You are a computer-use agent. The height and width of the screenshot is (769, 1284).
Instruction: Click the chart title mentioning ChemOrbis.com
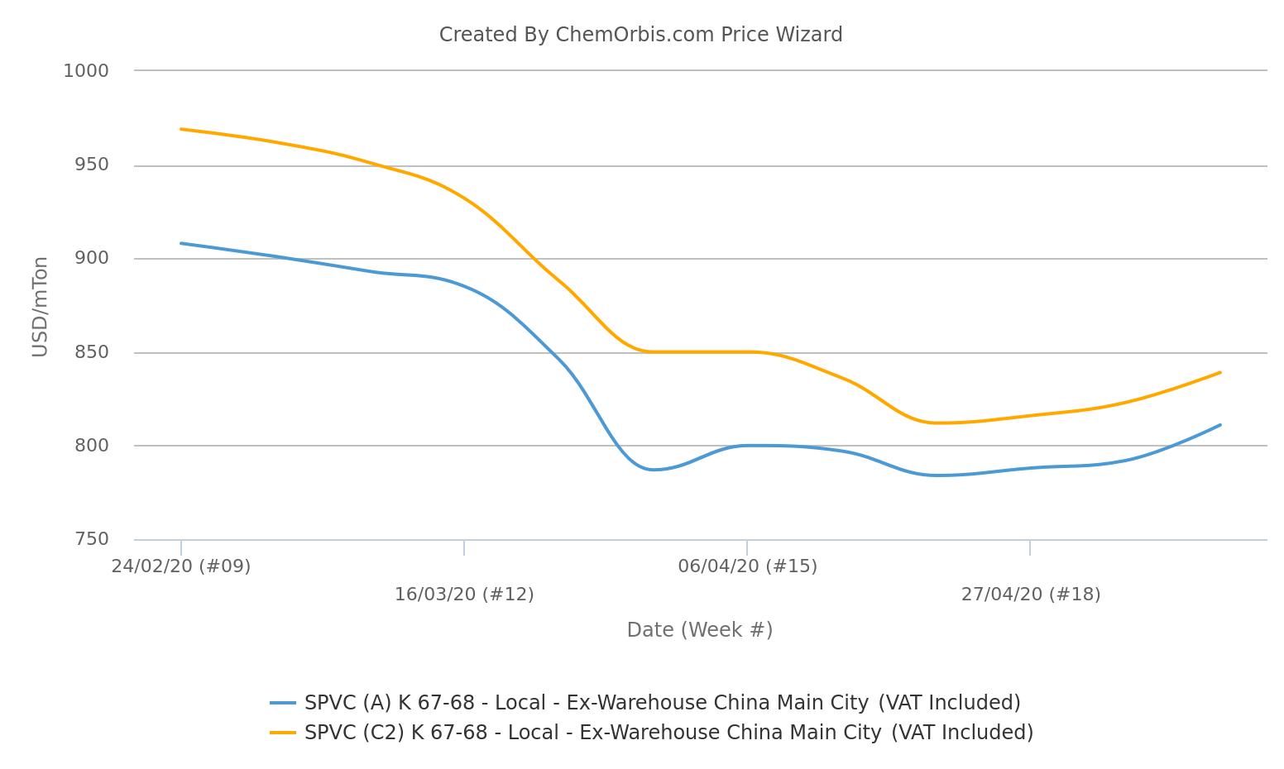pyautogui.click(x=641, y=35)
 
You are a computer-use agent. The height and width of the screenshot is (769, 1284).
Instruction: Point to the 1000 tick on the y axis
pyautogui.click(x=86, y=71)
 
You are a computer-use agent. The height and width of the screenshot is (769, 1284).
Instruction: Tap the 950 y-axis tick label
pyautogui.click(x=92, y=165)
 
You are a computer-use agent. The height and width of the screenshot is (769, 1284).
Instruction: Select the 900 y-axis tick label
pyautogui.click(x=92, y=259)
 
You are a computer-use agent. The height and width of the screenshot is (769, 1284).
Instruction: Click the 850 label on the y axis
pyautogui.click(x=92, y=352)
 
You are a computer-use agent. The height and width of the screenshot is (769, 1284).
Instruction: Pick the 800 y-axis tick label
pyautogui.click(x=92, y=446)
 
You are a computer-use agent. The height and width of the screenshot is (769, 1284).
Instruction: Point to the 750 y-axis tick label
pyautogui.click(x=92, y=539)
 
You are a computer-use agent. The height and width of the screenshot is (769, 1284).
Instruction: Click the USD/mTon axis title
pyautogui.click(x=40, y=307)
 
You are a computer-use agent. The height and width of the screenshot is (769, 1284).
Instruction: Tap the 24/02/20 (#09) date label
pyautogui.click(x=181, y=566)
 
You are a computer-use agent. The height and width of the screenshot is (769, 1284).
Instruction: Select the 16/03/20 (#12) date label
pyautogui.click(x=464, y=595)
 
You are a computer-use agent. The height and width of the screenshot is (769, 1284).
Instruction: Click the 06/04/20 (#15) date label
pyautogui.click(x=747, y=566)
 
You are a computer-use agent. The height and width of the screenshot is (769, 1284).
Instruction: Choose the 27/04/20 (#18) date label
pyautogui.click(x=1031, y=595)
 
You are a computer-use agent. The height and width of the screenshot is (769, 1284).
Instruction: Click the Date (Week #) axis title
pyautogui.click(x=700, y=630)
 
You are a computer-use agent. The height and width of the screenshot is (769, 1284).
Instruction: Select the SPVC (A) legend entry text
pyautogui.click(x=663, y=703)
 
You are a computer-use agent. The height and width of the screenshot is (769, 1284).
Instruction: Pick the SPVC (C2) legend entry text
pyautogui.click(x=669, y=733)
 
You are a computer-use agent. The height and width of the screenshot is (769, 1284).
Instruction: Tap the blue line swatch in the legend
pyautogui.click(x=283, y=703)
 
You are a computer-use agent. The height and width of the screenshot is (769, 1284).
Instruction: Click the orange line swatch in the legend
pyautogui.click(x=283, y=733)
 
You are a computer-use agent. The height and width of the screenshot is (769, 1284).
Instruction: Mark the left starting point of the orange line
pyautogui.click(x=181, y=129)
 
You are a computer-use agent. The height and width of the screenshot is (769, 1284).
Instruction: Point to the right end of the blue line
pyautogui.click(x=1219, y=425)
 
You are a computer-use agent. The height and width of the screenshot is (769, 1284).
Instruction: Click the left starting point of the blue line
pyautogui.click(x=181, y=244)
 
